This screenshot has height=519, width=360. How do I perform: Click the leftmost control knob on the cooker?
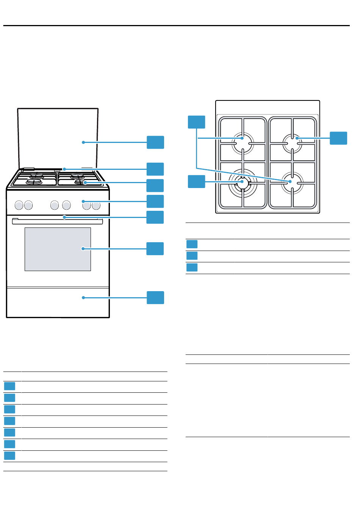[19, 205]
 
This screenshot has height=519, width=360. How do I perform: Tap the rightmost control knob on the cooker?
[96, 205]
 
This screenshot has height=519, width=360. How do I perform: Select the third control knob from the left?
[55, 205]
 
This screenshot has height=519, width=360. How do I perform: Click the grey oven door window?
[58, 249]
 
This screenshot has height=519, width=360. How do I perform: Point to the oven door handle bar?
[57, 221]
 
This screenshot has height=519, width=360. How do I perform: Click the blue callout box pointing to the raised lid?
[155, 142]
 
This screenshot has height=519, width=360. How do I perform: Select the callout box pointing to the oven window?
[155, 249]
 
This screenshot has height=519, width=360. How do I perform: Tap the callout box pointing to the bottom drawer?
[155, 298]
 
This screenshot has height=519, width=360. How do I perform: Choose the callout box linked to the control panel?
[155, 201]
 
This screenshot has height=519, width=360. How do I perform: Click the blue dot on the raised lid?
[83, 142]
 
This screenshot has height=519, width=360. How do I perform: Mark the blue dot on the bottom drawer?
[83, 298]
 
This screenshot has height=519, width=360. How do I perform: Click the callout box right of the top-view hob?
[338, 138]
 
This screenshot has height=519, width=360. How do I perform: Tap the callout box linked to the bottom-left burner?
[196, 182]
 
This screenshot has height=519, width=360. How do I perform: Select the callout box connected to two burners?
[196, 122]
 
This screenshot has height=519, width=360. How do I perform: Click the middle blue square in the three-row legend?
[192, 256]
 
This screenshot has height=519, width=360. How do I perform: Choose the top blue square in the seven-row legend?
[10, 386]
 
